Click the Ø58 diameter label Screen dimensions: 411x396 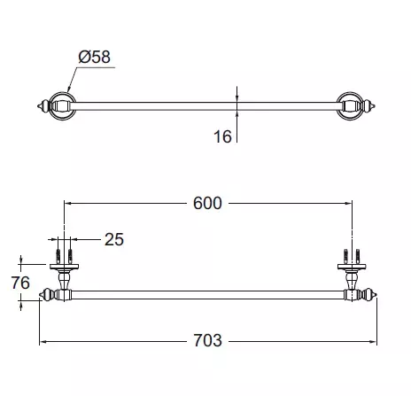pyautogui.click(x=95, y=57)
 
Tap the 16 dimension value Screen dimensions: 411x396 pyautogui.click(x=222, y=136)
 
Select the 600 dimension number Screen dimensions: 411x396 pyautogui.click(x=207, y=203)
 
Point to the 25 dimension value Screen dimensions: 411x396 pyautogui.click(x=114, y=239)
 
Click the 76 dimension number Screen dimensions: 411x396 pyautogui.click(x=20, y=283)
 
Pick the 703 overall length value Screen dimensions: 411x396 pyautogui.click(x=207, y=340)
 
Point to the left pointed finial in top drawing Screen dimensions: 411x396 pyautogui.click(x=43, y=106)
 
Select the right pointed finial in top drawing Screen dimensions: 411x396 pyautogui.click(x=369, y=106)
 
